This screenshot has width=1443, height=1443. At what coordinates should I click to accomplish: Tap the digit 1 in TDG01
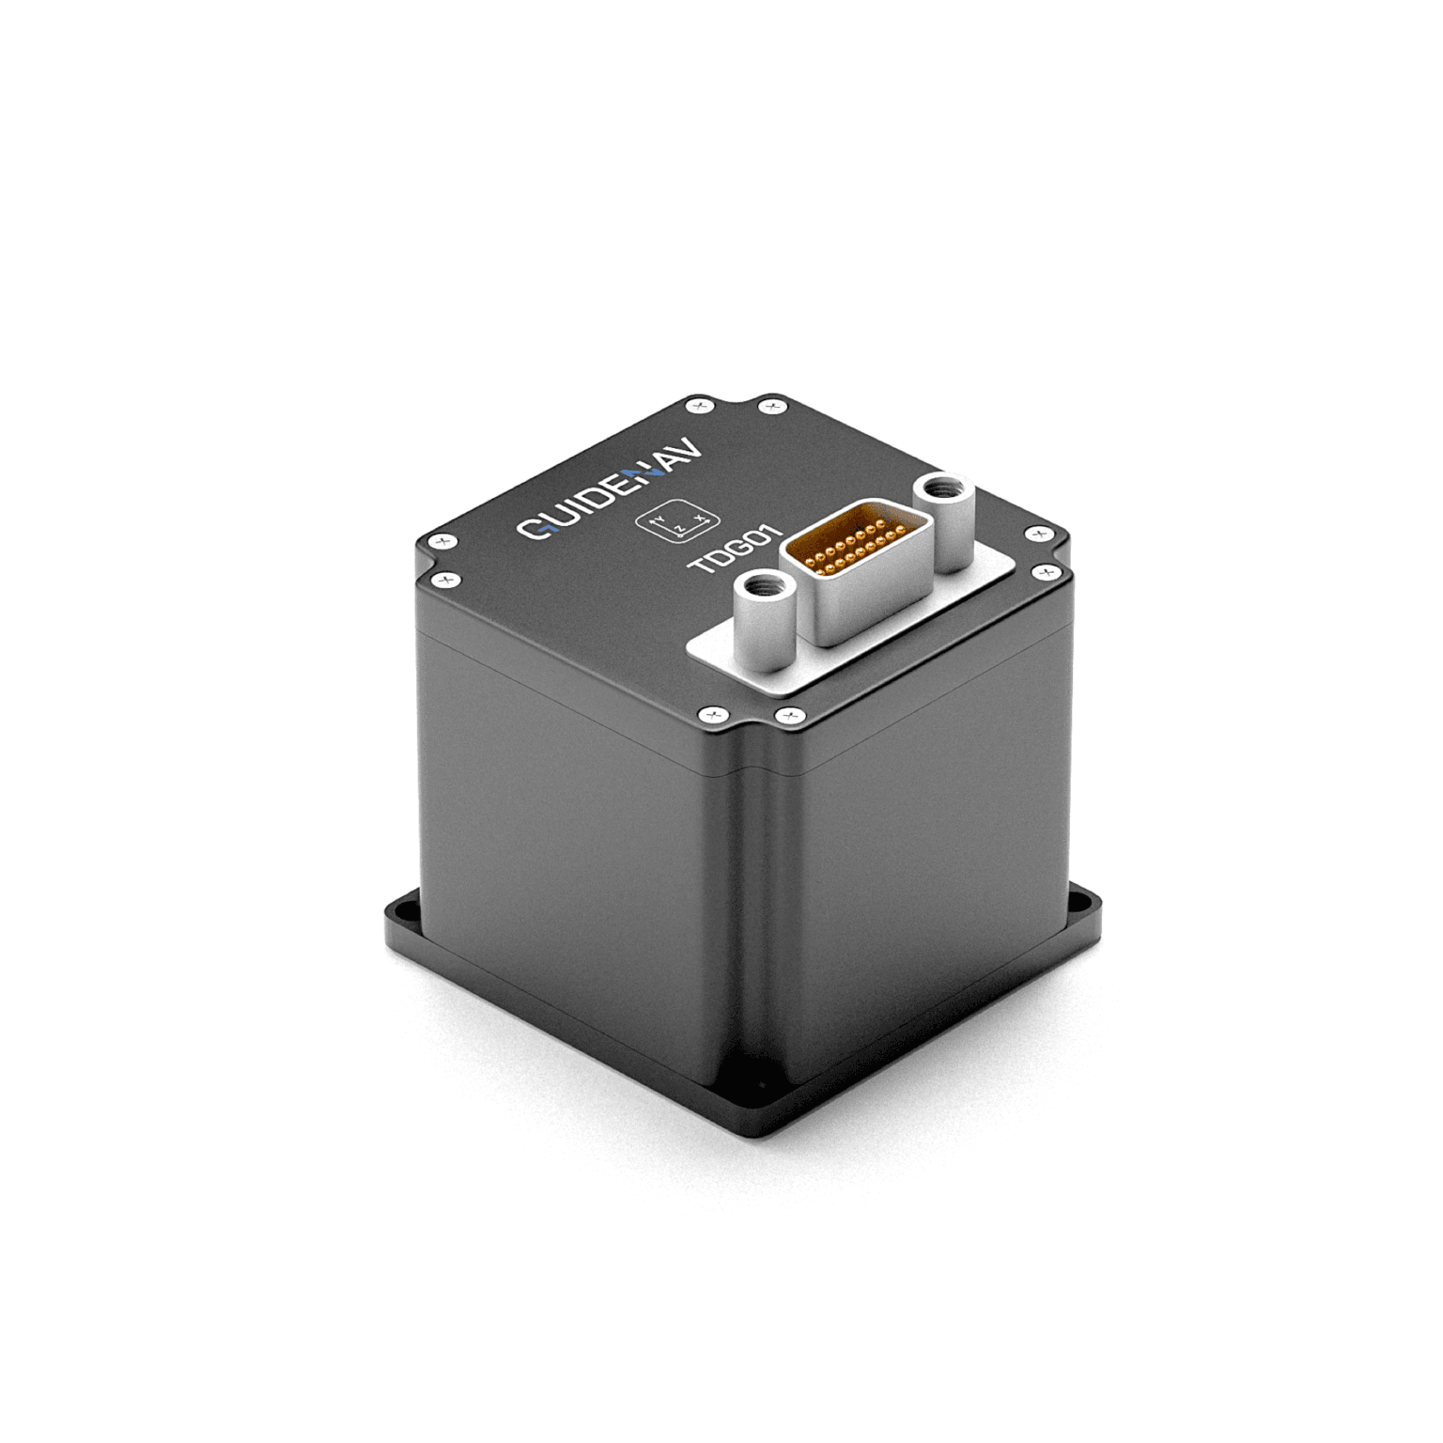771,535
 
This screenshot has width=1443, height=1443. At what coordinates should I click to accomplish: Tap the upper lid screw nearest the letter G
441,541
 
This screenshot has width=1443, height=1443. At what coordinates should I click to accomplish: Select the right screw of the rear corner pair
772,406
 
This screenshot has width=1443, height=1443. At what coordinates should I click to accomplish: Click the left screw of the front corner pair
712,716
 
